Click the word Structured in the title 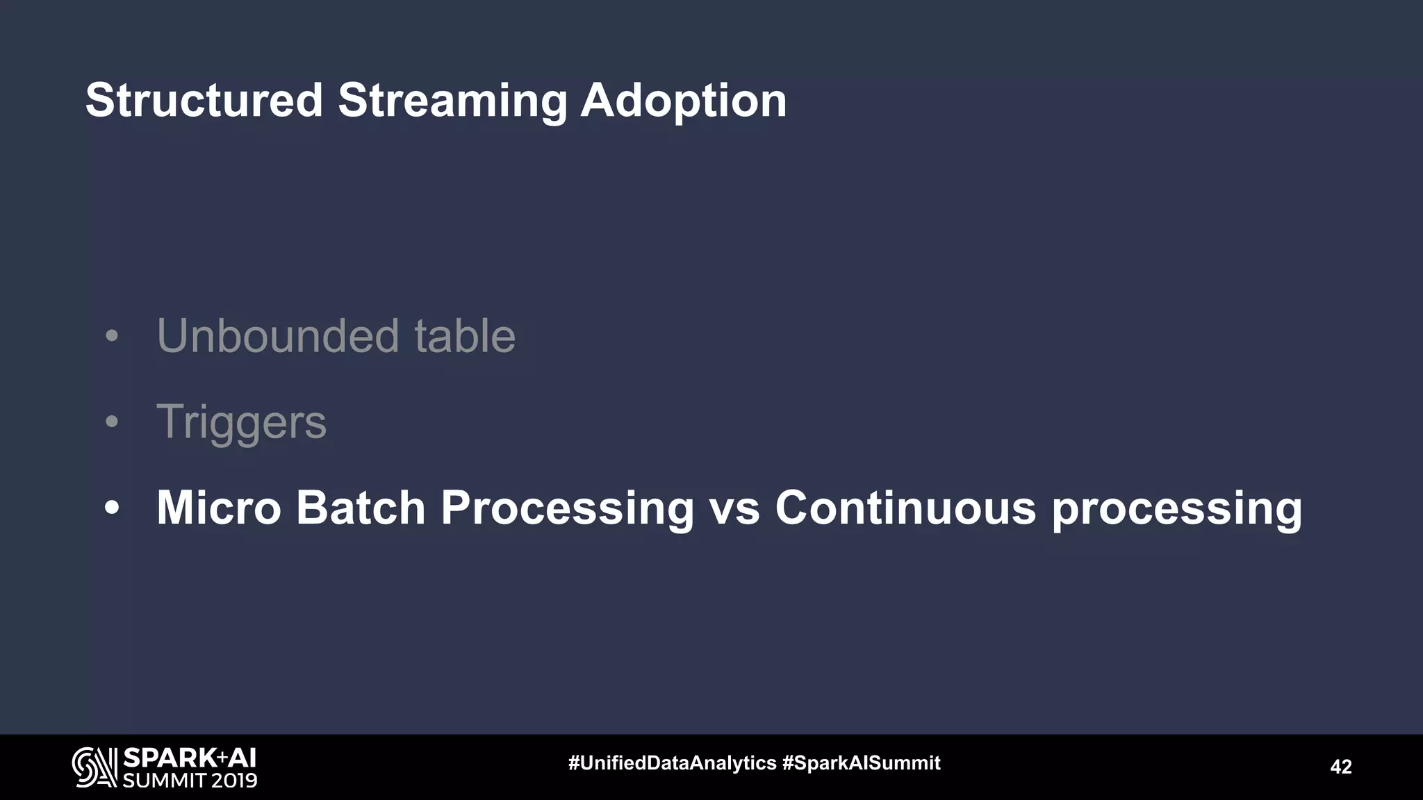point(204,101)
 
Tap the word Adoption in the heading point(683,101)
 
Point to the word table point(465,336)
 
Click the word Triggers point(241,422)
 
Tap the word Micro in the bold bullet point(218,508)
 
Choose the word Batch point(361,508)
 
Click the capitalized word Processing point(567,509)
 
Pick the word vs point(734,509)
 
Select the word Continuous point(905,508)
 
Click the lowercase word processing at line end point(1176,509)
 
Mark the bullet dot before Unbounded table point(112,337)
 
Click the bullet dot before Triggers point(112,422)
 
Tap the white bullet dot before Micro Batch point(112,508)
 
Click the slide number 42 point(1340,767)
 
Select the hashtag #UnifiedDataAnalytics point(672,763)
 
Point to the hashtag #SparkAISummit point(861,763)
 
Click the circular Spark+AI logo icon point(94,767)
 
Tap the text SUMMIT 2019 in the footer point(190,781)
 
